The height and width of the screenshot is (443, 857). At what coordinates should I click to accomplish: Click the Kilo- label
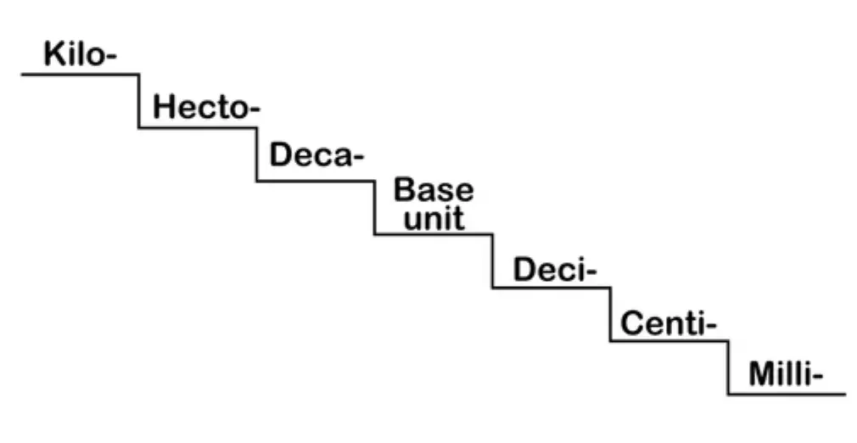79,55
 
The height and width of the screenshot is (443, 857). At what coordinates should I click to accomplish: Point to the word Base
434,189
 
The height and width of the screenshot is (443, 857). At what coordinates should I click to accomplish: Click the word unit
434,218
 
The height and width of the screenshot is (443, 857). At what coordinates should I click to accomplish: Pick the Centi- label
669,323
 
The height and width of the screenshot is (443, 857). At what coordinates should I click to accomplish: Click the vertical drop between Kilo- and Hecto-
139,101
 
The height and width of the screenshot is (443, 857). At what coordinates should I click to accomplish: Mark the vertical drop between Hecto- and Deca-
257,154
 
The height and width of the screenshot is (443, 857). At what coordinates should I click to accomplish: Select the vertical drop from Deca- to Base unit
374,207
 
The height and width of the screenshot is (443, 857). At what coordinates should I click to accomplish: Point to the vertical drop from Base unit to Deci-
492,261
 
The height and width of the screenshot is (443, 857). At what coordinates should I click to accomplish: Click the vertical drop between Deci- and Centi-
610,314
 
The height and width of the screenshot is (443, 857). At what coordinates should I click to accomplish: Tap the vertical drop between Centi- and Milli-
728,367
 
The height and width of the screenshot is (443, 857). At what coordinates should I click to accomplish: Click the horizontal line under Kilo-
80,75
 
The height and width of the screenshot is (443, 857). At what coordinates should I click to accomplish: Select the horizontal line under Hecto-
198,128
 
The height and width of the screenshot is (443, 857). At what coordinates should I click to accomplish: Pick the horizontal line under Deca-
316,181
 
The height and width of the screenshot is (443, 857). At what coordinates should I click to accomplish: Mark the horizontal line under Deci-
552,288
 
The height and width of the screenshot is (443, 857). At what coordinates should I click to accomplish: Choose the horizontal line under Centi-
669,341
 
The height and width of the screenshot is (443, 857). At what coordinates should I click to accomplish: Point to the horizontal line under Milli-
787,394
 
